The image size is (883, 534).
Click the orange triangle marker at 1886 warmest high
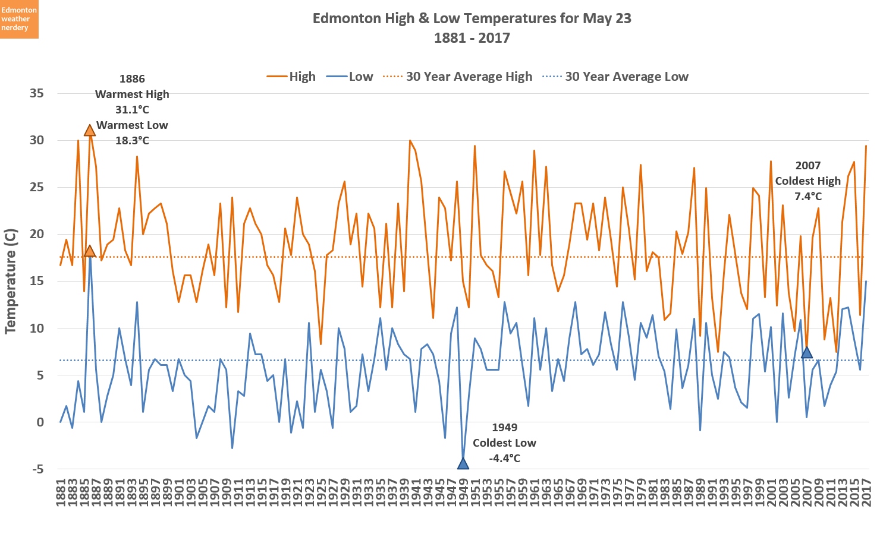pyautogui.click(x=90, y=131)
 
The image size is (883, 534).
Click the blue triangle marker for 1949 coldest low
pyautogui.click(x=463, y=464)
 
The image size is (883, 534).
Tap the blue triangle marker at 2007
pyautogui.click(x=806, y=353)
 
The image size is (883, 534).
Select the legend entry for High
pyautogui.click(x=291, y=77)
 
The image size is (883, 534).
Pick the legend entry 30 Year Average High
pyautogui.click(x=457, y=77)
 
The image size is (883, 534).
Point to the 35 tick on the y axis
pyautogui.click(x=36, y=93)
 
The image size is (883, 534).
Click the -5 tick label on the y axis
pyautogui.click(x=37, y=469)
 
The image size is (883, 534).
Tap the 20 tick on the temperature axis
pyautogui.click(x=36, y=234)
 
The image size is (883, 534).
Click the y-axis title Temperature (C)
pyautogui.click(x=11, y=281)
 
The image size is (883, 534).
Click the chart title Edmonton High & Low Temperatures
pyautogui.click(x=472, y=18)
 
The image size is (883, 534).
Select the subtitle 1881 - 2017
pyautogui.click(x=472, y=38)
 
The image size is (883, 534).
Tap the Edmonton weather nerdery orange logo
pyautogui.click(x=19, y=19)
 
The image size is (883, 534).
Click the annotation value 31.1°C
pyautogui.click(x=132, y=110)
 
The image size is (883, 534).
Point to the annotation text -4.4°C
pyautogui.click(x=504, y=459)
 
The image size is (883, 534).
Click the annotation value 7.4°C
pyautogui.click(x=807, y=197)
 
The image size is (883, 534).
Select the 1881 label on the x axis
pyautogui.click(x=60, y=492)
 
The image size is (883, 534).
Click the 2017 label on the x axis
pyautogui.click(x=866, y=492)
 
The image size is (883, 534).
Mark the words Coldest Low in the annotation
pyautogui.click(x=504, y=443)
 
